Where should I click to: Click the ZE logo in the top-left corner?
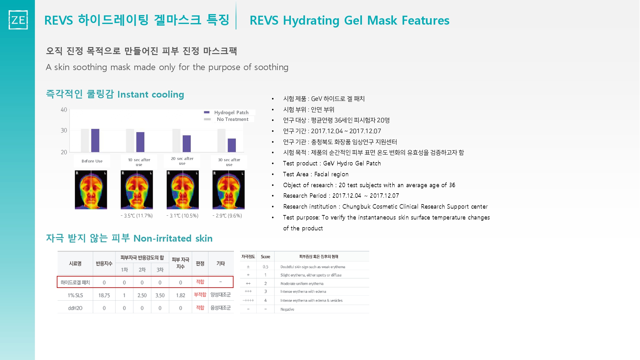point(18,20)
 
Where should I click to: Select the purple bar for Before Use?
point(95,140)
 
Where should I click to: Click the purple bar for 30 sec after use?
point(232,145)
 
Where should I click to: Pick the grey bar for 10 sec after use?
point(130,140)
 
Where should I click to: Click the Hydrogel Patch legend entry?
point(226,112)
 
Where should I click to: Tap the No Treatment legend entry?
point(226,119)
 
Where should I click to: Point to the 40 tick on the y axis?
point(64,110)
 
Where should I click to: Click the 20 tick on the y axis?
point(64,152)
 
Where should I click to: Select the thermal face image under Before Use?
point(91,190)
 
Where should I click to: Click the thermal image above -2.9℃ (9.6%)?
point(228,190)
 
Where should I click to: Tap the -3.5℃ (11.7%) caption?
point(137,216)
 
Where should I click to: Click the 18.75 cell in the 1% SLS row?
point(104,295)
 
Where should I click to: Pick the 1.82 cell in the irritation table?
point(180,295)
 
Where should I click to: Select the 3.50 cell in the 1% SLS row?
point(160,295)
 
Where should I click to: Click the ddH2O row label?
point(75,308)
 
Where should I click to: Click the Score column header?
point(265,257)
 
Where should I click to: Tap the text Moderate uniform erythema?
point(302,284)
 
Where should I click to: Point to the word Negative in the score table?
point(287,309)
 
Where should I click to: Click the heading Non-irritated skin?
point(173,238)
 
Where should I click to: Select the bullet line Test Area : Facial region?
point(316,174)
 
